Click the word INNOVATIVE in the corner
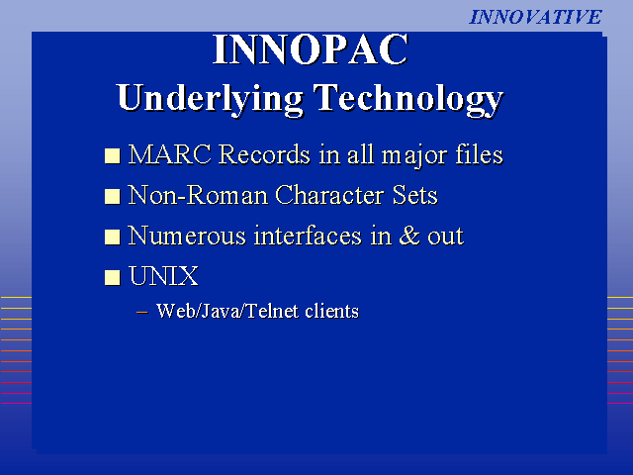(x=535, y=17)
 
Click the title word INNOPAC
(x=311, y=49)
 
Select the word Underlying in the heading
(x=211, y=99)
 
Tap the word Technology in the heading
(x=408, y=99)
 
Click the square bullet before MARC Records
(x=112, y=156)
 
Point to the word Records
(x=264, y=154)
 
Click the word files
(x=479, y=154)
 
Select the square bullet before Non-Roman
(x=112, y=196)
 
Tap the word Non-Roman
(x=198, y=195)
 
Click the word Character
(x=329, y=195)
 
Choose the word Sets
(x=415, y=195)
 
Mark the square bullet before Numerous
(x=112, y=237)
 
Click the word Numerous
(x=187, y=236)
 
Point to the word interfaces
(x=308, y=236)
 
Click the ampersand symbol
(x=409, y=236)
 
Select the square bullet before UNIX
(x=112, y=277)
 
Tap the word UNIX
(x=163, y=276)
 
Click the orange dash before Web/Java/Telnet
(x=141, y=312)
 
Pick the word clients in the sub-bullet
(x=332, y=311)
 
